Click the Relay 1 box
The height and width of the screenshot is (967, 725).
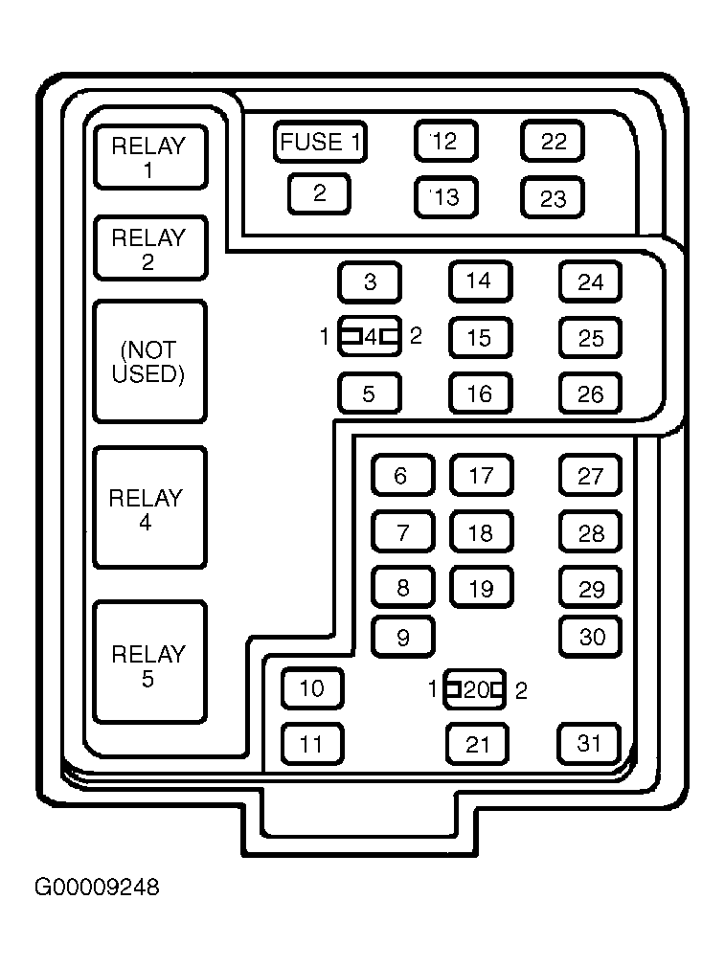(150, 157)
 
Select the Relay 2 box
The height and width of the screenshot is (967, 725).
(150, 248)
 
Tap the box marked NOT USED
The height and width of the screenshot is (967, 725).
(150, 361)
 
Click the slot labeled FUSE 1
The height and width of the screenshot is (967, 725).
(320, 142)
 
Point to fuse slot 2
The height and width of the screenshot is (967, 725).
(319, 193)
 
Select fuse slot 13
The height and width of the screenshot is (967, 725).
(446, 197)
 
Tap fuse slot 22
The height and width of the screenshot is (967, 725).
(553, 142)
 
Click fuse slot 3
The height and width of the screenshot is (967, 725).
(370, 281)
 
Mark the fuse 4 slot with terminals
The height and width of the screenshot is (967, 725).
(370, 336)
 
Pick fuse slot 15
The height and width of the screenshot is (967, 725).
(481, 338)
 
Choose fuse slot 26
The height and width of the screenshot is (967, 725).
(591, 394)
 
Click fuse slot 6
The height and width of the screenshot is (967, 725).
(403, 475)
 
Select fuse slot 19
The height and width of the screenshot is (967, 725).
(482, 588)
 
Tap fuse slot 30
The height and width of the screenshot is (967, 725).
(591, 637)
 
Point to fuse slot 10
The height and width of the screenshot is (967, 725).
(312, 688)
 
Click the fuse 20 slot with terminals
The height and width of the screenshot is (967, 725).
(475, 689)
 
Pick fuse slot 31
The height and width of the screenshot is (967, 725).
(589, 744)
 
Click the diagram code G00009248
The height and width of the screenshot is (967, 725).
(97, 888)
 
